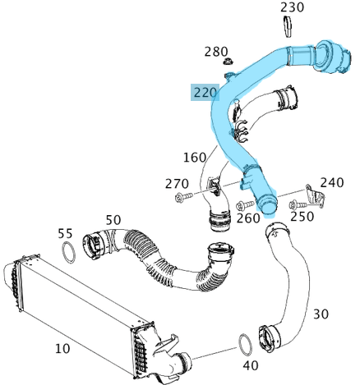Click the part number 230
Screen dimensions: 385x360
pyautogui.click(x=292, y=7)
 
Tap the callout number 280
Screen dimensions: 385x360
pyautogui.click(x=215, y=52)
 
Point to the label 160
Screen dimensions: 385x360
pyautogui.click(x=195, y=157)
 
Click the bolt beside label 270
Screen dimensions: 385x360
pyautogui.click(x=183, y=198)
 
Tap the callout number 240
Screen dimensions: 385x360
pyautogui.click(x=331, y=182)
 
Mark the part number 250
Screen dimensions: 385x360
pyautogui.click(x=302, y=216)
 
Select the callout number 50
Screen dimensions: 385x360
pyautogui.click(x=113, y=219)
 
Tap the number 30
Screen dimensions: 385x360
pyautogui.click(x=321, y=314)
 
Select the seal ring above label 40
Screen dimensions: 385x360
pyautogui.click(x=246, y=343)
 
